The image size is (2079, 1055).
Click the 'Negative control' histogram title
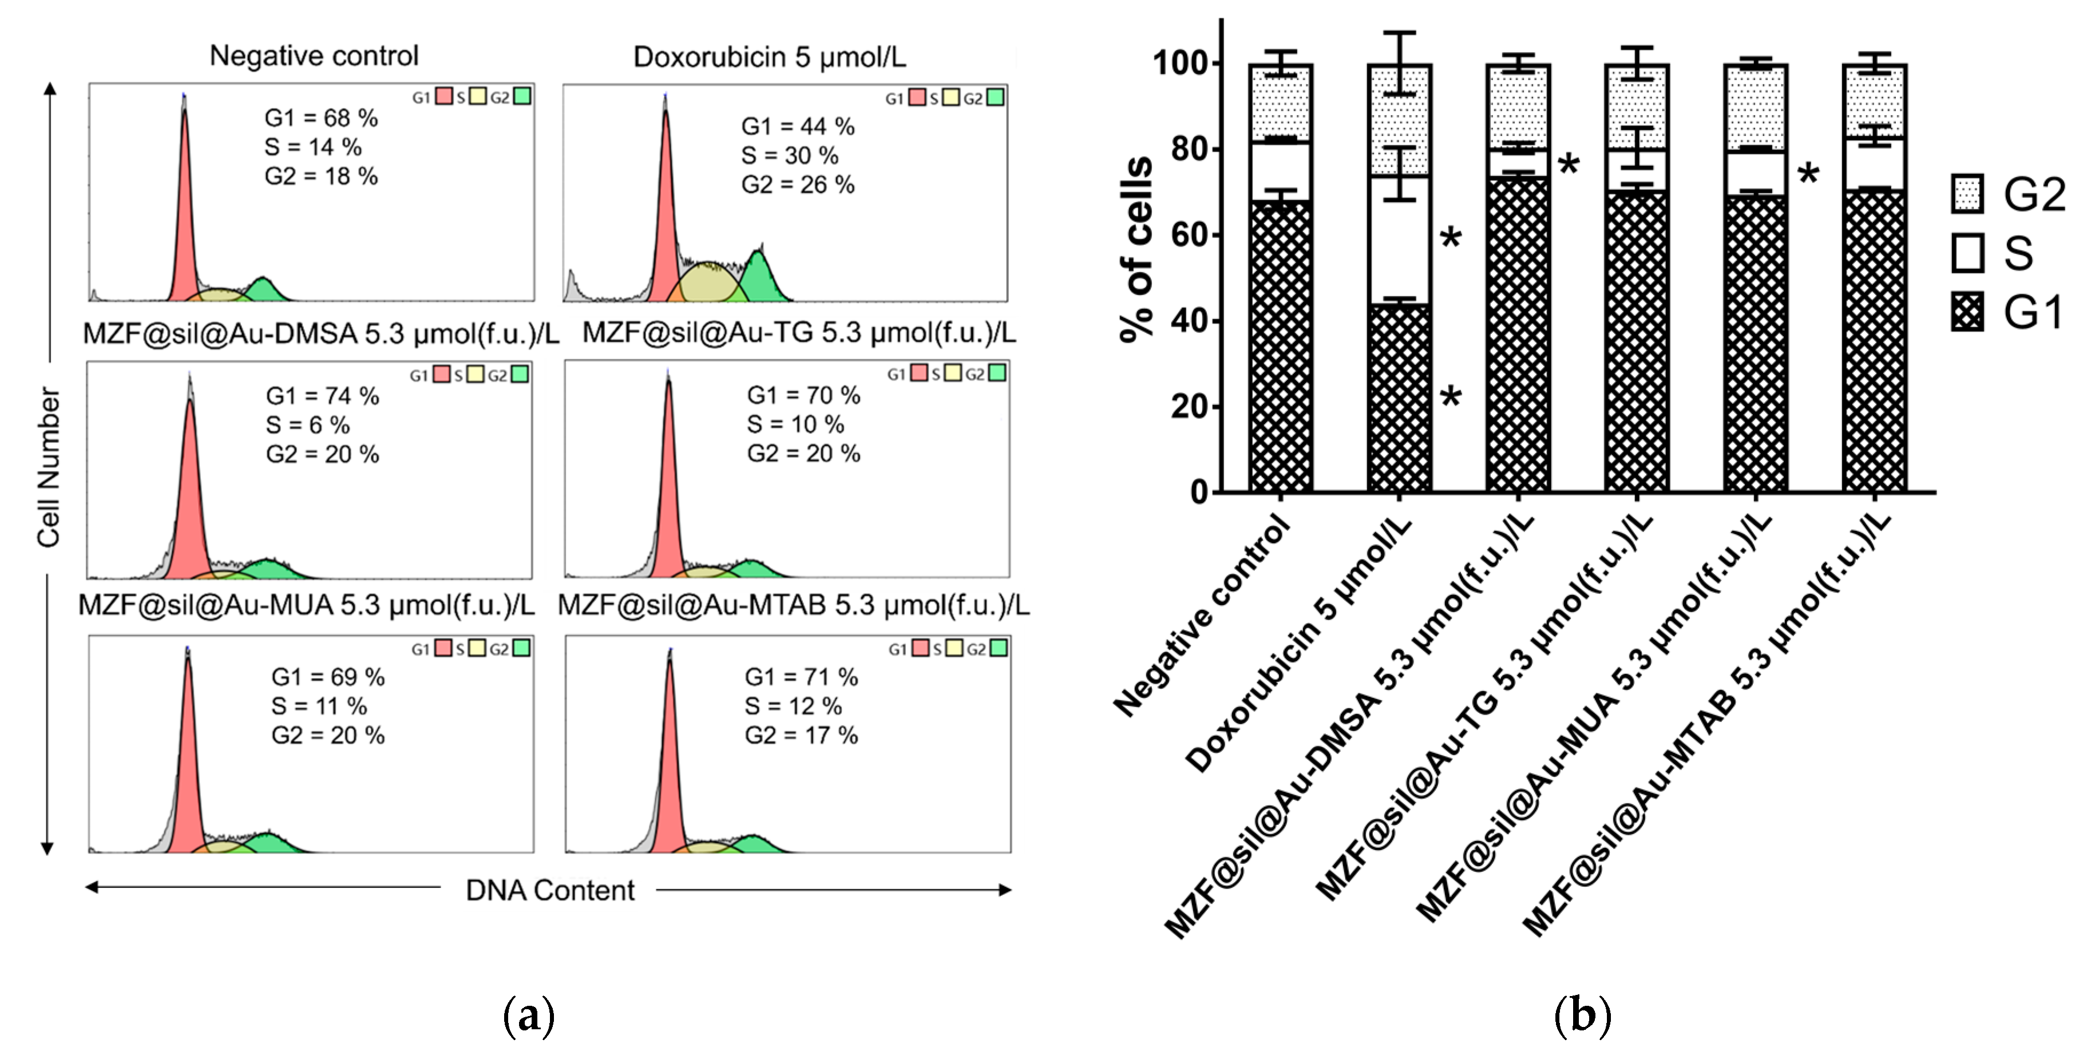coord(314,55)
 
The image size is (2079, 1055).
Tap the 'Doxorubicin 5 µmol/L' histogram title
coord(769,57)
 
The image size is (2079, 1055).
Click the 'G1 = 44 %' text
coord(797,127)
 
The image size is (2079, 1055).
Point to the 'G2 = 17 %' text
coord(801,735)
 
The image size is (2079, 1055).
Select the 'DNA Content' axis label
coord(549,890)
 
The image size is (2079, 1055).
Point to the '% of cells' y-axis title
coord(1136,250)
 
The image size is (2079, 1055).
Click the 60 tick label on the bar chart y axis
coord(1190,235)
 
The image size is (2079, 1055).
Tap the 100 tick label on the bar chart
coord(1181,63)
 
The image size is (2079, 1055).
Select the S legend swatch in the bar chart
coord(1967,253)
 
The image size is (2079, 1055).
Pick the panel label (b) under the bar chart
coord(1582,1016)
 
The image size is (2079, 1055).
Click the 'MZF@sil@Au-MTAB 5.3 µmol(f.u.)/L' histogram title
coord(793,605)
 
